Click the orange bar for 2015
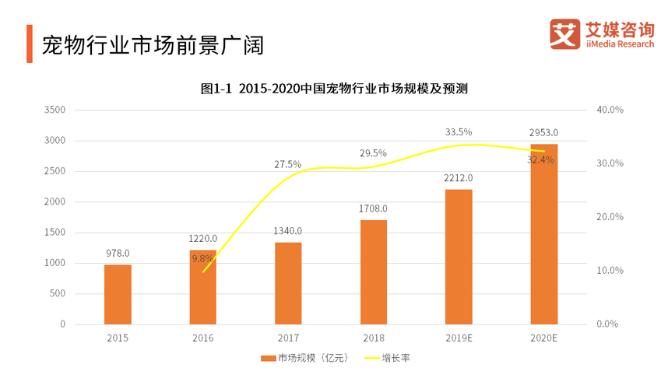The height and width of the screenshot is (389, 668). click(x=118, y=294)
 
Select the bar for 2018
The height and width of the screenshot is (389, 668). click(x=373, y=272)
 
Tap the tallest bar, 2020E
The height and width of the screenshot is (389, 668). click(x=543, y=233)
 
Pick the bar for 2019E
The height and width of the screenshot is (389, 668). click(x=459, y=256)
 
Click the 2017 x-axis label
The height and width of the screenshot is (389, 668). click(x=288, y=338)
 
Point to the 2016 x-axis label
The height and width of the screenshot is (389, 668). click(x=202, y=338)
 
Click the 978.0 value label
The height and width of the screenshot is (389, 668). click(x=118, y=253)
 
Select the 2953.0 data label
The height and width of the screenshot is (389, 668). click(x=543, y=132)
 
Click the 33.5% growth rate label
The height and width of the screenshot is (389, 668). click(x=459, y=132)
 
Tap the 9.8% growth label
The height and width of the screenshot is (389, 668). click(x=202, y=258)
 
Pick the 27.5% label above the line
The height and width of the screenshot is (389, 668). click(x=288, y=164)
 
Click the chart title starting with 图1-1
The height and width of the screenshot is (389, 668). click(x=333, y=89)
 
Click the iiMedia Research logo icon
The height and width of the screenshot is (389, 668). click(x=564, y=35)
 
